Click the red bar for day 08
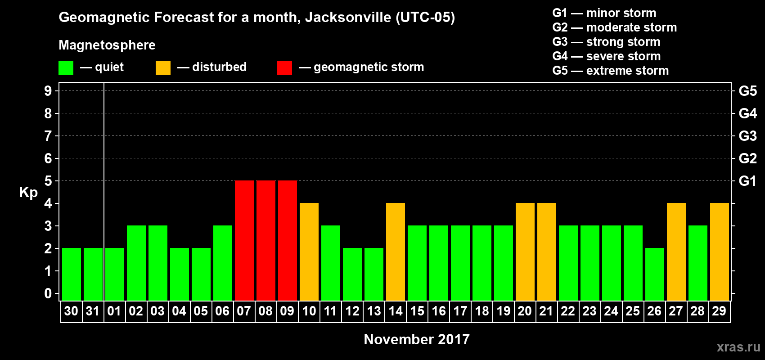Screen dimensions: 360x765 (266, 240)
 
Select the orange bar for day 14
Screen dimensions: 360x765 (396, 252)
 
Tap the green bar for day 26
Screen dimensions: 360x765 (655, 274)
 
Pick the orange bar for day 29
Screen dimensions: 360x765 (720, 252)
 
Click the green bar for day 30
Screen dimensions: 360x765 (72, 274)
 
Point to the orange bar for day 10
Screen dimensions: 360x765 (309, 252)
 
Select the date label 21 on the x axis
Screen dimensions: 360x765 (546, 311)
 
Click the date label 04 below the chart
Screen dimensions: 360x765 (179, 311)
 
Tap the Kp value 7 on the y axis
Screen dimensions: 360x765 (48, 136)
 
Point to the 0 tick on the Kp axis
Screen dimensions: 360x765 (48, 293)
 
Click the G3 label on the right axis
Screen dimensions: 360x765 (747, 136)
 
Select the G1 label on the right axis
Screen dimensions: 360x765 (747, 181)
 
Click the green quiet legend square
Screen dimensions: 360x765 (66, 68)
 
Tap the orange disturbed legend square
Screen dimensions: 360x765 (163, 68)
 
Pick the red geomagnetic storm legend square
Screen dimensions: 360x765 (284, 68)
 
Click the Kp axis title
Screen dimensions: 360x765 (28, 192)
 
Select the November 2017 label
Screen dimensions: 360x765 (417, 339)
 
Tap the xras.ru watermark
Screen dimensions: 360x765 (738, 347)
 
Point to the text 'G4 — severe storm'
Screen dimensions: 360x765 (607, 56)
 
